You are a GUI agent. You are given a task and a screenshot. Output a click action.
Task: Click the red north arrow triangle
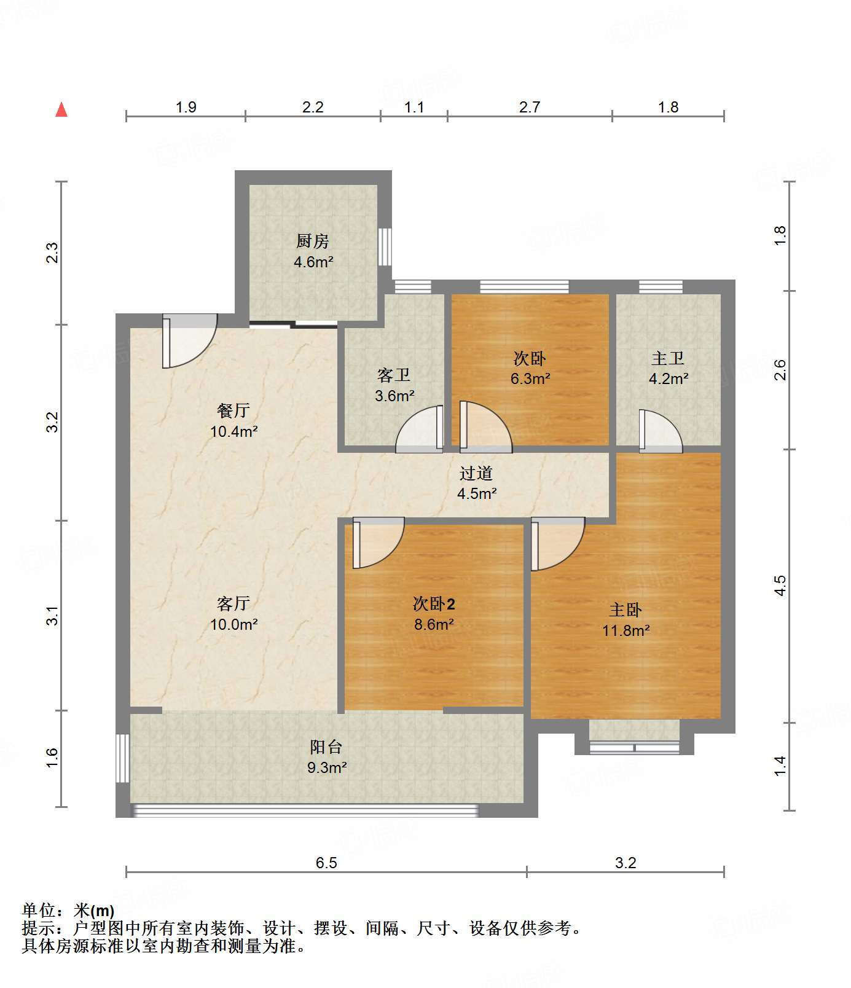[x=61, y=109]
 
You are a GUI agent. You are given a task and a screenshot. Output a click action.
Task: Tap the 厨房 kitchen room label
[x=313, y=241]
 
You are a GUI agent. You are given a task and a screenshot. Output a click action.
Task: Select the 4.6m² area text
[x=313, y=262]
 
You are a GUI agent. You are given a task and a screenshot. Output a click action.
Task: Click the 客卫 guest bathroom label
[x=394, y=375]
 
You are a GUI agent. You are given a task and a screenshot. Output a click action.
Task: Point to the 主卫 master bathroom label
[x=668, y=358]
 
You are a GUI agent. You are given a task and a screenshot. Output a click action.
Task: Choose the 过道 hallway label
[x=476, y=473]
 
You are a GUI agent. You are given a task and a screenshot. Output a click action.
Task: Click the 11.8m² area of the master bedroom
[x=626, y=630]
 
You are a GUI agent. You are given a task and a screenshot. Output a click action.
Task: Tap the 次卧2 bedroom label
[x=434, y=604]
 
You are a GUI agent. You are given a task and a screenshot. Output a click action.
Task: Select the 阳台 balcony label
[x=326, y=747]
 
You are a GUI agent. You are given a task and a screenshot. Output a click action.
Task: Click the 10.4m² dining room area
[x=234, y=431]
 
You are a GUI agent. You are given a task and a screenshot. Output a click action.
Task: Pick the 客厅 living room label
[x=233, y=604]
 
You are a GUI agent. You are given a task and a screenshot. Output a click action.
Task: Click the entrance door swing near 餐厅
[x=189, y=341]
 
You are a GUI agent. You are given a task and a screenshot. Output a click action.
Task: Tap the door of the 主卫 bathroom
[x=661, y=431]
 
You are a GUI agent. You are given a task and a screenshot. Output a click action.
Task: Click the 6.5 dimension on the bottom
[x=326, y=863]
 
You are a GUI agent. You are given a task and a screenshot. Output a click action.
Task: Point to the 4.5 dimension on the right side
[x=780, y=585]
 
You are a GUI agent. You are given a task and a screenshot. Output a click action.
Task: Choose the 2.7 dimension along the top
[x=530, y=108]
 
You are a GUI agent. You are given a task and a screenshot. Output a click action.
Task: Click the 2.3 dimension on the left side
[x=53, y=253]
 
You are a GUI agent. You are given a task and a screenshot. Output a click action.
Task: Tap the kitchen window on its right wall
[x=385, y=246]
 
